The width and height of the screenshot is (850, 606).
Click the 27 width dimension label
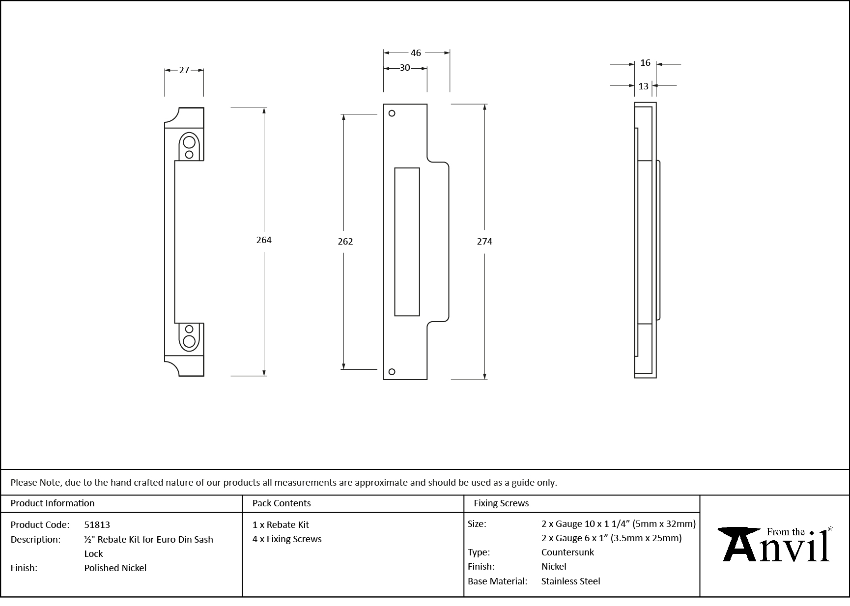click(x=184, y=70)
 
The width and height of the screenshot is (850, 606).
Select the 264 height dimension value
click(x=264, y=240)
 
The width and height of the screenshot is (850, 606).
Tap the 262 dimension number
click(x=345, y=241)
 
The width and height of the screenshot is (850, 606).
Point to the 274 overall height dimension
click(x=484, y=241)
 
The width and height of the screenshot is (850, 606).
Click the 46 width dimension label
click(x=416, y=53)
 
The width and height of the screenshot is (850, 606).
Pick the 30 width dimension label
click(x=404, y=68)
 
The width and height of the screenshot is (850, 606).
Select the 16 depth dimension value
click(x=645, y=63)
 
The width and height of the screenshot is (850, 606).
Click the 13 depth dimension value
click(x=643, y=86)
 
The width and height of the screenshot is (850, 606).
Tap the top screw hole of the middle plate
click(x=392, y=113)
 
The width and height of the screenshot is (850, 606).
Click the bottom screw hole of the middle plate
click(x=392, y=372)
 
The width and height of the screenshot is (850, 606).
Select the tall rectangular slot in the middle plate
click(x=407, y=242)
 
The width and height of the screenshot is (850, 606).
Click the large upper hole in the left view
click(x=189, y=143)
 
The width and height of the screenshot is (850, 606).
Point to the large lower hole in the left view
click(x=189, y=341)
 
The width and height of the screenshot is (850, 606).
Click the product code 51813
click(x=97, y=524)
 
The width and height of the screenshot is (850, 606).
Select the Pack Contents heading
click(x=281, y=503)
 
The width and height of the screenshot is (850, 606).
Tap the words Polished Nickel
click(x=115, y=568)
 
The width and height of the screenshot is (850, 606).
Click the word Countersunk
click(x=567, y=552)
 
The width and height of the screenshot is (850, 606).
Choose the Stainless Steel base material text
click(x=570, y=581)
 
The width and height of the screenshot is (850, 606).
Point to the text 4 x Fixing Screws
click(x=287, y=539)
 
